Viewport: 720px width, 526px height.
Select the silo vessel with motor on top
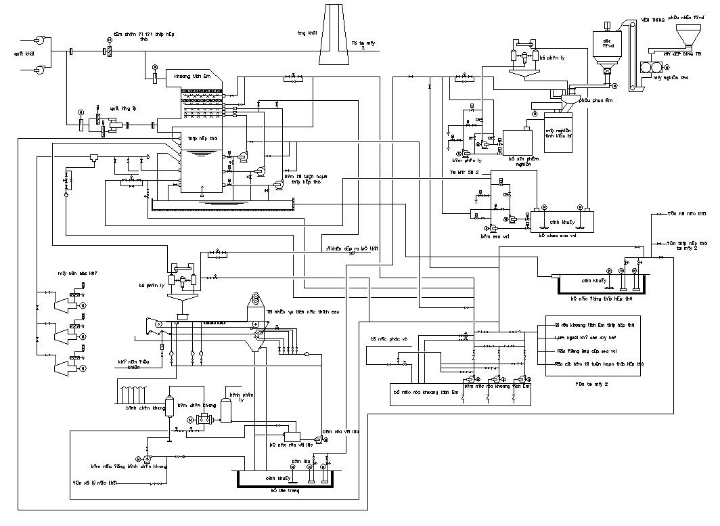coord(606,47)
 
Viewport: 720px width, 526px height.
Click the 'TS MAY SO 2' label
coord(466,173)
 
